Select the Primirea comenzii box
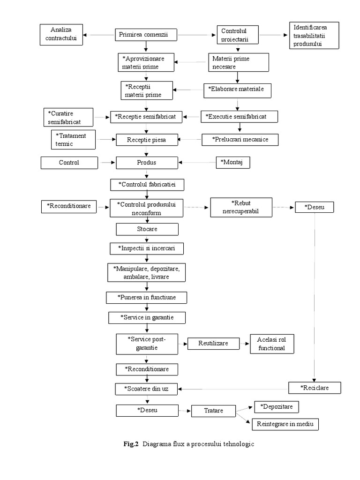tap(147, 34)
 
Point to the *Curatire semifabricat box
tap(68, 117)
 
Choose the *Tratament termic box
tap(73, 139)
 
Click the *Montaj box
tap(232, 162)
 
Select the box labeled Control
tap(69, 163)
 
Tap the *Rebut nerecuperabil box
tap(241, 207)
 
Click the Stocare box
tap(147, 229)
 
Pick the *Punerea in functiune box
tap(147, 297)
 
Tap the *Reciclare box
tap(315, 388)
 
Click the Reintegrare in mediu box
tap(285, 424)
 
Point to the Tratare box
tap(213, 411)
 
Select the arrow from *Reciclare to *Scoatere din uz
tap(234, 388)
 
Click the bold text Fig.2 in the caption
tap(131, 444)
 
